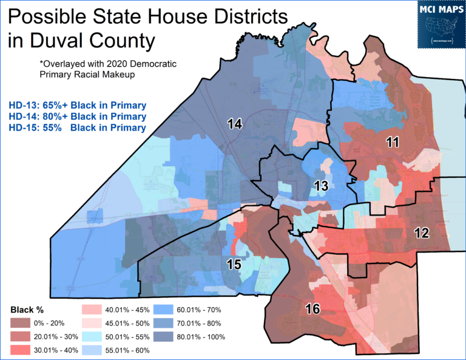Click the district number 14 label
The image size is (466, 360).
(x=235, y=124)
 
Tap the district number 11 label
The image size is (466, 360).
(x=393, y=142)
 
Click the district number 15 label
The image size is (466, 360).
(x=235, y=264)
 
